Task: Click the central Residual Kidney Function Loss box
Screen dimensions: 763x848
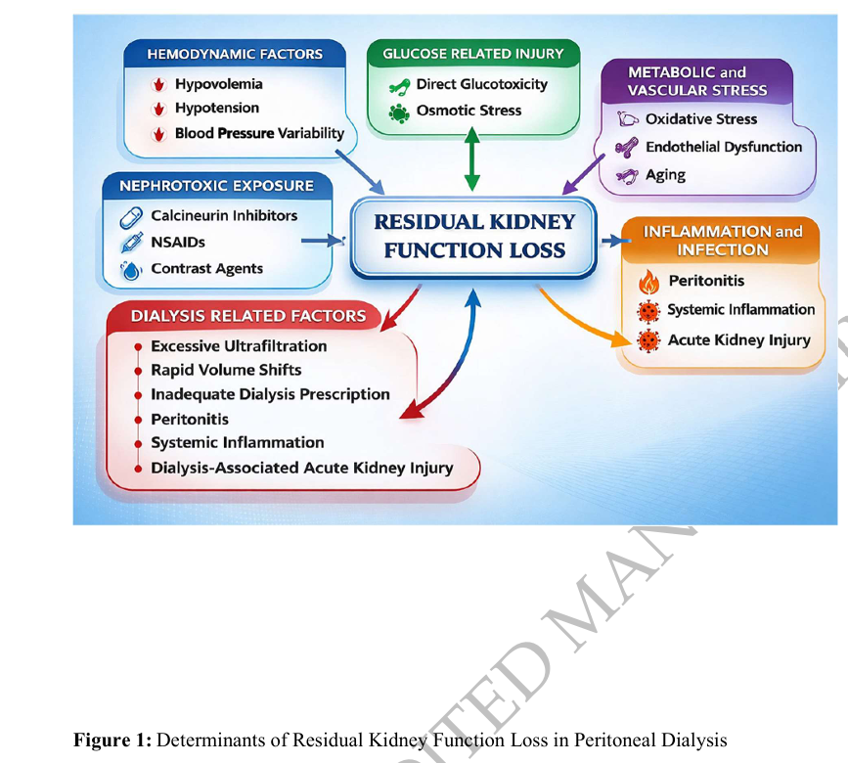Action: [x=474, y=236]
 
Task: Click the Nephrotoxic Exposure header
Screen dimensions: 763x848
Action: [x=216, y=185]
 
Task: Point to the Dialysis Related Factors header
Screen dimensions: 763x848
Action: [x=248, y=315]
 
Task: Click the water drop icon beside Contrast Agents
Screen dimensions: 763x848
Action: [x=130, y=270]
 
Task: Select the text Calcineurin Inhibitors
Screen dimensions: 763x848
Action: [x=224, y=215]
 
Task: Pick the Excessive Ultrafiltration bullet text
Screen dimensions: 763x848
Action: [x=239, y=346]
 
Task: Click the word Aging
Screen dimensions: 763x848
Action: [x=665, y=175]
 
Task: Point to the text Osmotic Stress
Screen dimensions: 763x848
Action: [x=469, y=111]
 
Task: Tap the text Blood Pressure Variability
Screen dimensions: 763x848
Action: [x=259, y=133]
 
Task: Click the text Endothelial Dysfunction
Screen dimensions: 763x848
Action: [x=724, y=147]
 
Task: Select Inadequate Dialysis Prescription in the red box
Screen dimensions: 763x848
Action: [x=270, y=394]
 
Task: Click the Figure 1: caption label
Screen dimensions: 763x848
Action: [x=112, y=741]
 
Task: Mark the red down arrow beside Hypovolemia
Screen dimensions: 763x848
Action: [x=157, y=85]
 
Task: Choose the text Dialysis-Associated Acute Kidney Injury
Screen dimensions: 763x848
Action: [x=301, y=468]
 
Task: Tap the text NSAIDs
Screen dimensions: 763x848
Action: [x=178, y=242]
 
